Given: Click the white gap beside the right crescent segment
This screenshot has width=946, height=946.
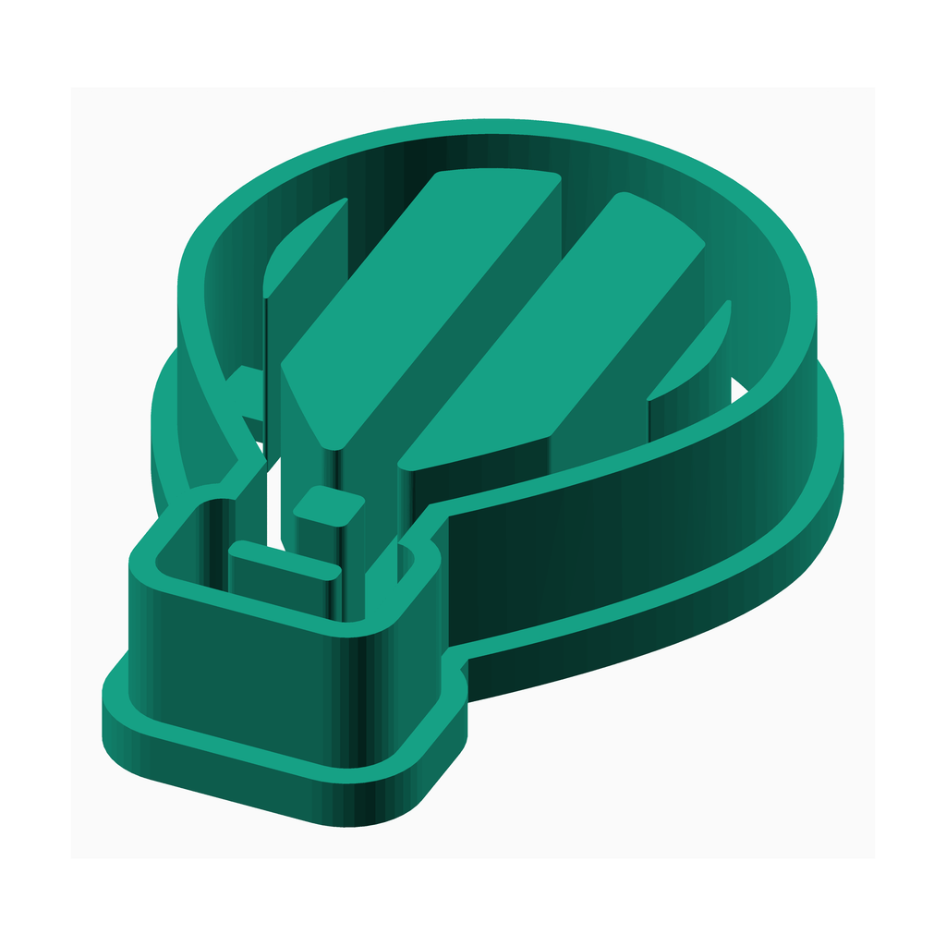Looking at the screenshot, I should coord(739,388).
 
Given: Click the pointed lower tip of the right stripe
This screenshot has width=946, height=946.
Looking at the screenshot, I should coord(406,462).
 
